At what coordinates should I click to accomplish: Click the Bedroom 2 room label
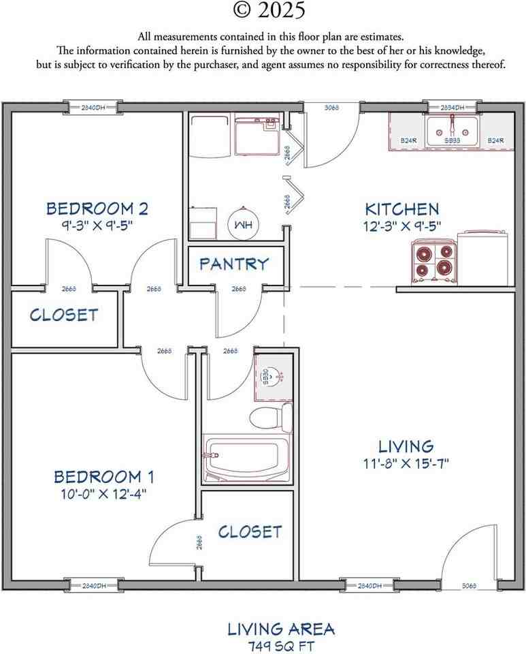(x=97, y=208)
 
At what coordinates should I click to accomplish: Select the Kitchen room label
(x=401, y=209)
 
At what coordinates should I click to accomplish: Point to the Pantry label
(x=233, y=264)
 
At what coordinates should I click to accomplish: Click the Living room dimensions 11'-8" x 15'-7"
(x=406, y=464)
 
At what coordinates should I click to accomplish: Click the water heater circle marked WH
(x=242, y=224)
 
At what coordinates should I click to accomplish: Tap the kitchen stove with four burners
(x=433, y=262)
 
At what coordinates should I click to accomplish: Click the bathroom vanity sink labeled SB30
(x=272, y=375)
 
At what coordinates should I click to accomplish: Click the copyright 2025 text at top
(x=269, y=10)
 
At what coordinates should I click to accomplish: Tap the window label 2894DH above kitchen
(x=452, y=108)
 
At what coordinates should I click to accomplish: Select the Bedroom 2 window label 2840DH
(x=93, y=108)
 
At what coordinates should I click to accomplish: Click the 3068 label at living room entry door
(x=470, y=585)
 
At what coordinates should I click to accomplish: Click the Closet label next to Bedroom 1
(x=250, y=531)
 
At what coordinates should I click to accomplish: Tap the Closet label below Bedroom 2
(x=64, y=315)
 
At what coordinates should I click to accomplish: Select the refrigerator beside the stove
(x=484, y=258)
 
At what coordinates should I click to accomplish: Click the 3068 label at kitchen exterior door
(x=331, y=108)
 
